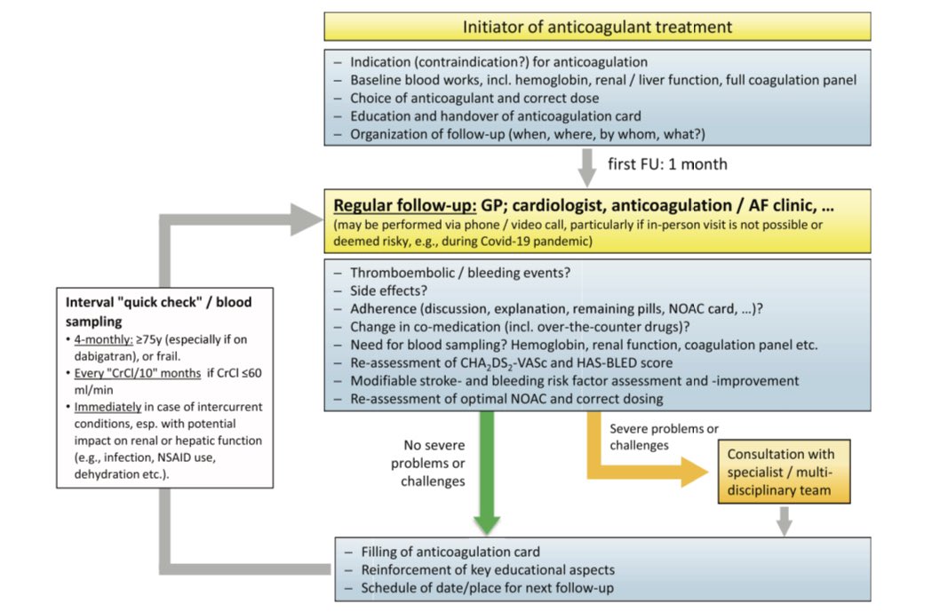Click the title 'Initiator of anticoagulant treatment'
[597, 27]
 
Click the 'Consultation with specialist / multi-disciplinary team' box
[782, 472]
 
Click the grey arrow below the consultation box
[784, 520]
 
